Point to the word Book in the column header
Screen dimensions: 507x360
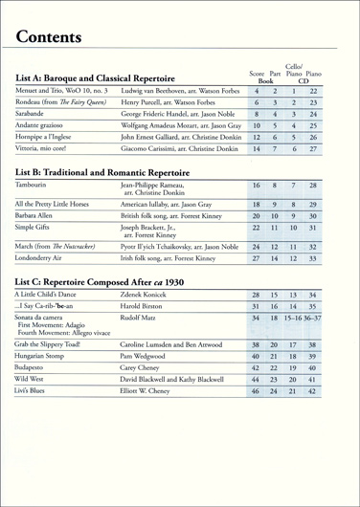click(x=268, y=83)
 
